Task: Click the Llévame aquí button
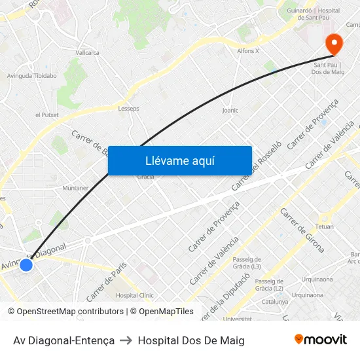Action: (x=179, y=160)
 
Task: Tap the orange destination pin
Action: (x=334, y=44)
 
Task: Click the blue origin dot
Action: (x=26, y=265)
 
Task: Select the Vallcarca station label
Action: (x=87, y=52)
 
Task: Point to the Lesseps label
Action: (x=128, y=109)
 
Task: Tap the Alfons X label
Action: (x=248, y=50)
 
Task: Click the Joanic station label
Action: (x=230, y=111)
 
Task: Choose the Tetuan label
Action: (x=325, y=226)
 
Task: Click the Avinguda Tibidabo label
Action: (x=31, y=76)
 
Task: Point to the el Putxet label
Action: (x=47, y=115)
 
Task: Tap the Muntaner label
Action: (x=75, y=188)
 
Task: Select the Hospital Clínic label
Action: (x=134, y=295)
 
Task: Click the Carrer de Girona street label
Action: (x=302, y=230)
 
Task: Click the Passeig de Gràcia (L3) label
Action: (x=247, y=262)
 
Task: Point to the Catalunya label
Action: (x=275, y=302)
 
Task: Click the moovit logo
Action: (x=321, y=340)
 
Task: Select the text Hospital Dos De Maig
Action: (x=191, y=340)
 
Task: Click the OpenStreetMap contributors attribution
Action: (x=68, y=312)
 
